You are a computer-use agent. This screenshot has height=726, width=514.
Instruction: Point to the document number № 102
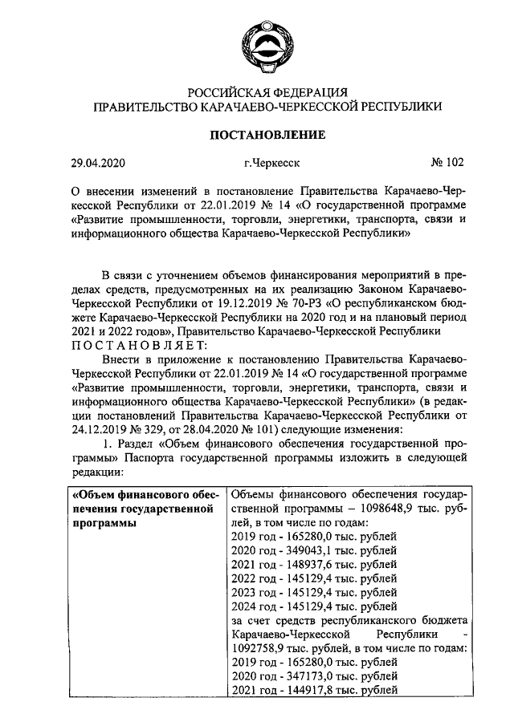click(x=447, y=163)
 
